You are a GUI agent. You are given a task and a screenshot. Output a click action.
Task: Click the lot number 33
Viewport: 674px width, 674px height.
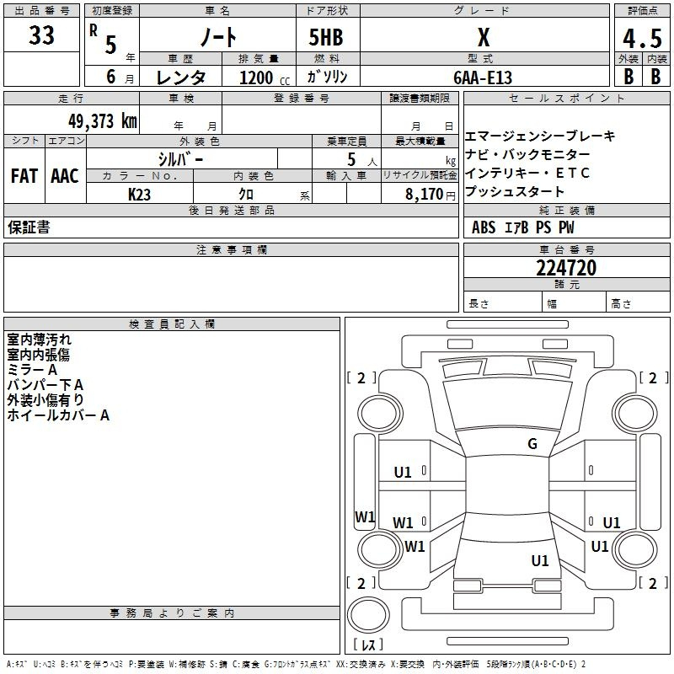[x=41, y=35]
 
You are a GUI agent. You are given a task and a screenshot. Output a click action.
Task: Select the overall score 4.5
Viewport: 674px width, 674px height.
[x=642, y=38]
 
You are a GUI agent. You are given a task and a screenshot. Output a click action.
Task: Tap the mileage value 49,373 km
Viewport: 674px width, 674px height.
[x=102, y=121]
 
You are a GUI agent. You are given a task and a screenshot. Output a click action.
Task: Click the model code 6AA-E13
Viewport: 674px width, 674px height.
[x=483, y=78]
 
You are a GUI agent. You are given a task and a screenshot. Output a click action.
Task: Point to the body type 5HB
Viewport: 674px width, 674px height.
[x=326, y=37]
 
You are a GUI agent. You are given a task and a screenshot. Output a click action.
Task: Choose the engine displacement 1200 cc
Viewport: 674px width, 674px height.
[x=265, y=78]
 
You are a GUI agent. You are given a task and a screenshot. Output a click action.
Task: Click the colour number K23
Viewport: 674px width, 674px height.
[x=139, y=195]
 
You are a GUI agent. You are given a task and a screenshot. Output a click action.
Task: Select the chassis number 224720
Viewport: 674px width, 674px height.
[x=566, y=268]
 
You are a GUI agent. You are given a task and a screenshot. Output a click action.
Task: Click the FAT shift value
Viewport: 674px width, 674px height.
[x=24, y=176]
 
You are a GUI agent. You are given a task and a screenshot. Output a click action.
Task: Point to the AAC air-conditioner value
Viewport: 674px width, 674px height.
[x=65, y=176]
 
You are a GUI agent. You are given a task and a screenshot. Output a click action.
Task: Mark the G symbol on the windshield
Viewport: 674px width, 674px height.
[x=532, y=444]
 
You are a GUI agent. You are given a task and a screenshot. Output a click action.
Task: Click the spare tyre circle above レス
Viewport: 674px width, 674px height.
[x=368, y=615]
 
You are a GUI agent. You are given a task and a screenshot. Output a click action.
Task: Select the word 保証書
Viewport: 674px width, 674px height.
[x=29, y=227]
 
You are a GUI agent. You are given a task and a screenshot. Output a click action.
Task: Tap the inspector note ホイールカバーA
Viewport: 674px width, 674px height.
[x=58, y=415]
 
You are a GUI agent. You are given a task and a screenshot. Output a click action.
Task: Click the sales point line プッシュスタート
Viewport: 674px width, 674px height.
[x=515, y=191]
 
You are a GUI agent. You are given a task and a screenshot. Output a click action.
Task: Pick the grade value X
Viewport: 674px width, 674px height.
[x=484, y=37]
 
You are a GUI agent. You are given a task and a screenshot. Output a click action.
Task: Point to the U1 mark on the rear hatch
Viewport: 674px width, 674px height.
[x=540, y=561]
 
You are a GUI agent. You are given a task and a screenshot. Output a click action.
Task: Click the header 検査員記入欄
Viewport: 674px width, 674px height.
[x=172, y=324]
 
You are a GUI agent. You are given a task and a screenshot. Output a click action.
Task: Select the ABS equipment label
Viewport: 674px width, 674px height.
[x=484, y=227]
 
